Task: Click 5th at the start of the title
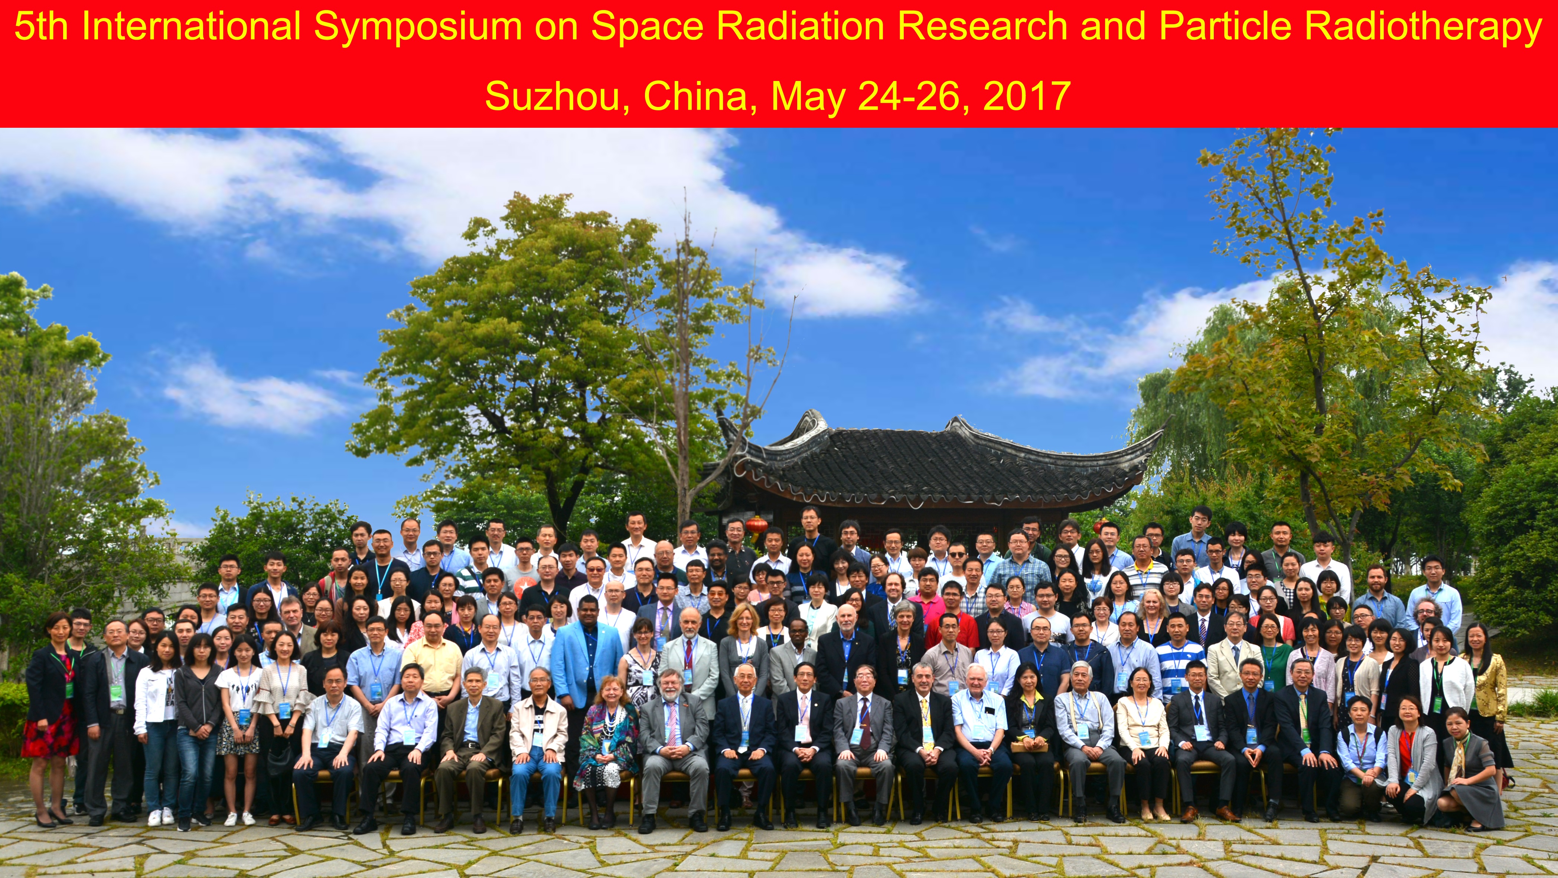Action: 40,27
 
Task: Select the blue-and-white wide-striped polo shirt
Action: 1179,668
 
